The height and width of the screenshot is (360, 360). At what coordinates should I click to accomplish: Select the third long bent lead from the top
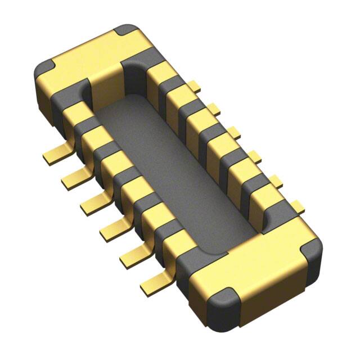point(93,204)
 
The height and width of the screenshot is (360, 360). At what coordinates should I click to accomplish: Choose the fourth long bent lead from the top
point(112,227)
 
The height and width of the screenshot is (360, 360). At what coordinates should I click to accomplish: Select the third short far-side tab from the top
point(233,133)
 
